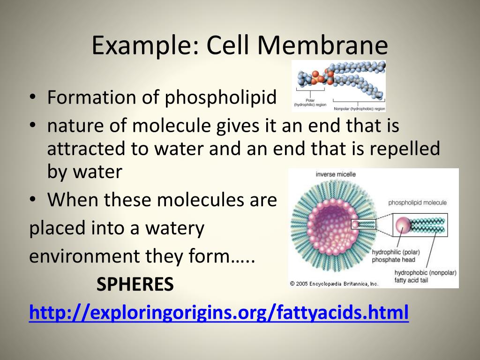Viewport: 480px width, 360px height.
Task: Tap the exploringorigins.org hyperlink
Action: (219, 312)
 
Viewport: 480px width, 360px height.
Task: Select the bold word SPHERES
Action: (135, 284)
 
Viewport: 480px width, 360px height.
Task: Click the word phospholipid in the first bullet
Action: (220, 98)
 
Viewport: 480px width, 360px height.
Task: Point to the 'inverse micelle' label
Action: (336, 174)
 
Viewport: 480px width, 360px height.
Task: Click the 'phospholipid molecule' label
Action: (417, 203)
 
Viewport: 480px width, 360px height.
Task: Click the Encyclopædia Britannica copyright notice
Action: (334, 283)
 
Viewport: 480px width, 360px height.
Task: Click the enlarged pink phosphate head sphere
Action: (402, 225)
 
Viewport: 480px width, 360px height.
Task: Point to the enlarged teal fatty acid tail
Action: (427, 225)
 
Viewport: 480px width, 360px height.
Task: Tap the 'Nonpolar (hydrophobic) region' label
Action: (359, 109)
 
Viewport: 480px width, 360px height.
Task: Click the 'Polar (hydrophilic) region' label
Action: (310, 103)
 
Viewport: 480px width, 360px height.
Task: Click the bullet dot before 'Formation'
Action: (33, 98)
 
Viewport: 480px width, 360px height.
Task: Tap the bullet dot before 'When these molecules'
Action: (33, 200)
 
